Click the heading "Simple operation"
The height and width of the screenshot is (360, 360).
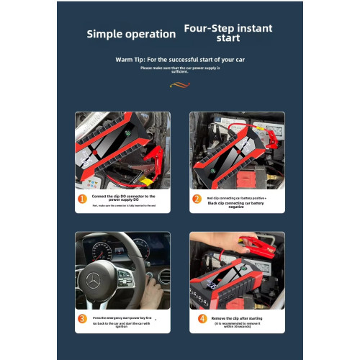click(131, 34)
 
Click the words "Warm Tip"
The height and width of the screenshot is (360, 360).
click(130, 60)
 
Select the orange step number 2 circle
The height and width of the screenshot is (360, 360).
click(197, 199)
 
